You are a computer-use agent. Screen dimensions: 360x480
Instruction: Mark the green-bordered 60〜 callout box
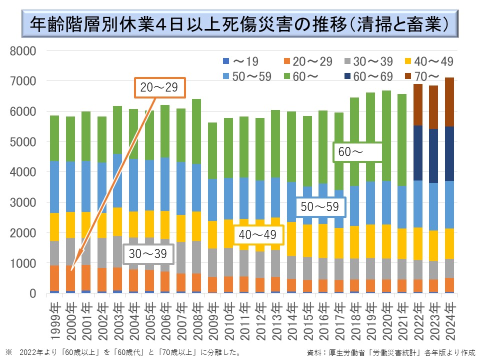357,152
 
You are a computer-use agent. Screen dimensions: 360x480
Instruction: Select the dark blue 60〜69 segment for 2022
417,153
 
